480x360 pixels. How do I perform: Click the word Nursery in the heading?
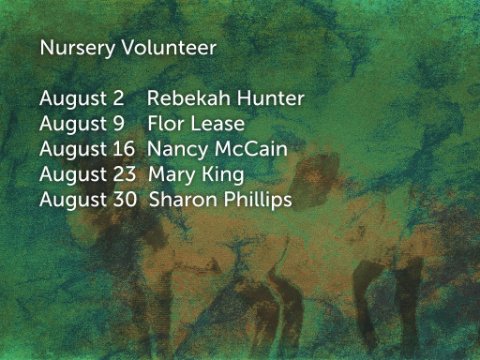pyautogui.click(x=77, y=48)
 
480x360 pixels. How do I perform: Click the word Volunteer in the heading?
pyautogui.click(x=169, y=47)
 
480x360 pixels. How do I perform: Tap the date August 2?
pyautogui.click(x=82, y=99)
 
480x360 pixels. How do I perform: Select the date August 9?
pyautogui.click(x=82, y=125)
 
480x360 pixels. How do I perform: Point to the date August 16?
pyautogui.click(x=87, y=150)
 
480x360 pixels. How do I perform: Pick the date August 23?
pyautogui.click(x=87, y=175)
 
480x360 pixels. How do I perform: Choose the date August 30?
pyautogui.click(x=88, y=201)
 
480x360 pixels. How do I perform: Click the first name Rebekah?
pyautogui.click(x=189, y=98)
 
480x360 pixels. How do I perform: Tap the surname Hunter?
pyautogui.click(x=270, y=98)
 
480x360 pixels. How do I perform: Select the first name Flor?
pyautogui.click(x=166, y=124)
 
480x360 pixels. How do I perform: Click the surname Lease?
pyautogui.click(x=218, y=124)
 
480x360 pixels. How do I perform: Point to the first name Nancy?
pyautogui.click(x=177, y=150)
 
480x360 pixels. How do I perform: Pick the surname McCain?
pyautogui.click(x=251, y=149)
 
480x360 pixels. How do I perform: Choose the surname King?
pyautogui.click(x=223, y=175)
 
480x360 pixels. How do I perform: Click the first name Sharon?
pyautogui.click(x=183, y=200)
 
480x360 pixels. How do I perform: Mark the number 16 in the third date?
pyautogui.click(x=124, y=149)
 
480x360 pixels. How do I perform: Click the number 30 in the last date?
pyautogui.click(x=125, y=200)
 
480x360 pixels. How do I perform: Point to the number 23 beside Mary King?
pyautogui.click(x=124, y=174)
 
